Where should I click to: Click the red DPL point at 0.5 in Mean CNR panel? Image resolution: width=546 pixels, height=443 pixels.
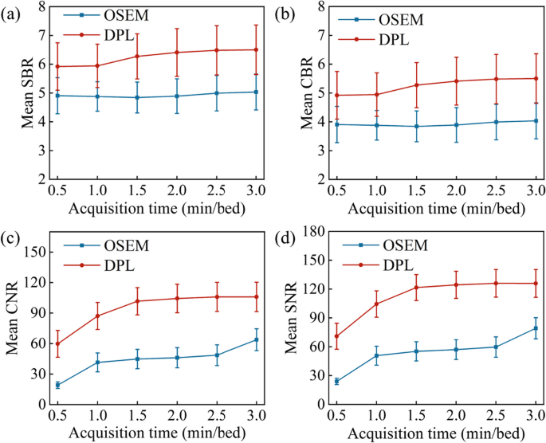click(57, 343)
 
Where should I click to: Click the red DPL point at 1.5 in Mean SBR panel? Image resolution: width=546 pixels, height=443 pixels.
click(137, 57)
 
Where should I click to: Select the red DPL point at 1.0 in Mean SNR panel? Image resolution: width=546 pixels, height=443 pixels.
click(375, 304)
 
